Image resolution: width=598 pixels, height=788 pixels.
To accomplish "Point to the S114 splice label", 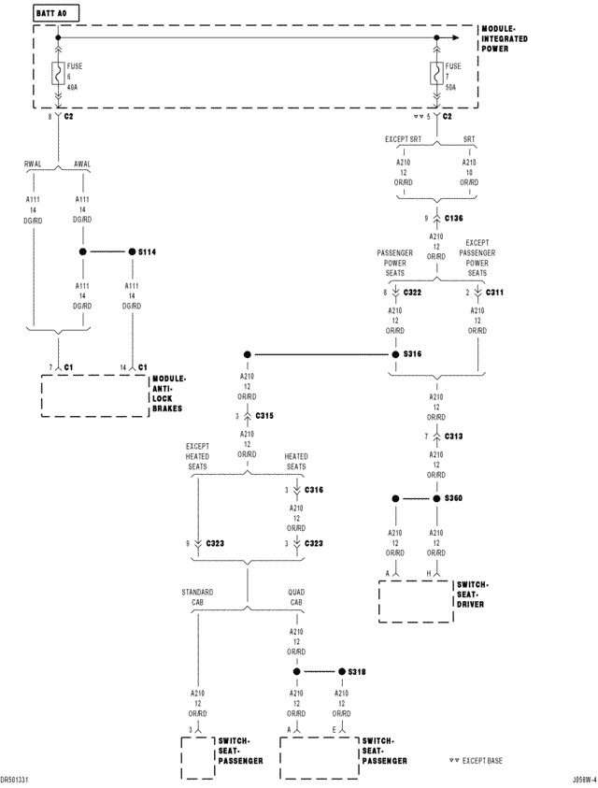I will pyautogui.click(x=148, y=252).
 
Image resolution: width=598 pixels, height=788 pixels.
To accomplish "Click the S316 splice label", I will pyautogui.click(x=413, y=355).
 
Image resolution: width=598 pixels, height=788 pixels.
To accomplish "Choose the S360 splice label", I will pyautogui.click(x=454, y=499).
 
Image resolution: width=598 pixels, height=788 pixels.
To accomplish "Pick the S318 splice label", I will pyautogui.click(x=357, y=672).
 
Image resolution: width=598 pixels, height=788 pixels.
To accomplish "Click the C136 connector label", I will pyautogui.click(x=454, y=218).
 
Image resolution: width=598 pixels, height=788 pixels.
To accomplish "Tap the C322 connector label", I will pyautogui.click(x=412, y=293).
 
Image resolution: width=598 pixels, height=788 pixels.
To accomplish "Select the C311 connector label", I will pyautogui.click(x=494, y=293).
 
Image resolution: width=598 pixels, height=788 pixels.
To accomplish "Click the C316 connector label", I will pyautogui.click(x=313, y=490).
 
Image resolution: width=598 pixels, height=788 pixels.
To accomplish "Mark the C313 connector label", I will pyautogui.click(x=454, y=436).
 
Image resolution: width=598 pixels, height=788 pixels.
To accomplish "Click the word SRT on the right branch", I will pyautogui.click(x=469, y=139).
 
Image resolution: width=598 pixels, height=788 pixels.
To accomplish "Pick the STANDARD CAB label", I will pyautogui.click(x=198, y=596).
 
